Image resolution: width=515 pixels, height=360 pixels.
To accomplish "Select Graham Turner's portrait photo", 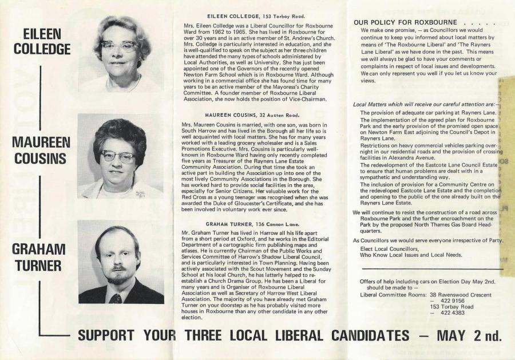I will [121, 262].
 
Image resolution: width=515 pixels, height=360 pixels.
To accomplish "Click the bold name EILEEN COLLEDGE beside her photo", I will [42, 42].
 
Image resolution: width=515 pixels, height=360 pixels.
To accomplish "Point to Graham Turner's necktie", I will [116, 298].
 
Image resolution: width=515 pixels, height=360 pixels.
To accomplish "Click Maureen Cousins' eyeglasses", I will [118, 156].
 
